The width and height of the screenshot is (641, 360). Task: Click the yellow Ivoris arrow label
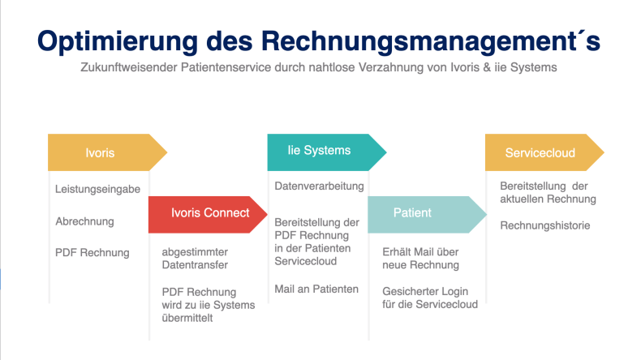pyautogui.click(x=108, y=152)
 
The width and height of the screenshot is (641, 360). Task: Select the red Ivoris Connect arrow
pyautogui.click(x=208, y=215)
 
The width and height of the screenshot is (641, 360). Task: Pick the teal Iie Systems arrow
pyautogui.click(x=327, y=152)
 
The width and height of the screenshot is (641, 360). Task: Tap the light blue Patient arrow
pyautogui.click(x=427, y=215)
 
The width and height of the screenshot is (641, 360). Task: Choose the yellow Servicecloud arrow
pyautogui.click(x=544, y=152)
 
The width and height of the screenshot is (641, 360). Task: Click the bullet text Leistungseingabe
pyautogui.click(x=97, y=189)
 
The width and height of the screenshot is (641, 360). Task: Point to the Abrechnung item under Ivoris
pyautogui.click(x=84, y=221)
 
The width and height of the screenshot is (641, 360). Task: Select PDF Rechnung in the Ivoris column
pyautogui.click(x=92, y=252)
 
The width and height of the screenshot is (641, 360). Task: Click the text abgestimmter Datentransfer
pyautogui.click(x=195, y=259)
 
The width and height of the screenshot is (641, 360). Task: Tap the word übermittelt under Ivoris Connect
pyautogui.click(x=187, y=318)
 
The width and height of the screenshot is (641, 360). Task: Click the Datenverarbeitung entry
pyautogui.click(x=319, y=186)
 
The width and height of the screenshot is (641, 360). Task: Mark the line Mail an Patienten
pyautogui.click(x=316, y=289)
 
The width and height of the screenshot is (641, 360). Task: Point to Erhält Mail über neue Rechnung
pyautogui.click(x=420, y=259)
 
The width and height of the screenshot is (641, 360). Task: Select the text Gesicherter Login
pyautogui.click(x=425, y=291)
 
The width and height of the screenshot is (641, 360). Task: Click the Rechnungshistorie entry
pyautogui.click(x=545, y=225)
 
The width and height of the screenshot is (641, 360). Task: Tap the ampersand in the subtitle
pyautogui.click(x=487, y=67)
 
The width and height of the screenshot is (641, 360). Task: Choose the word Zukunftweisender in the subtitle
pyautogui.click(x=129, y=67)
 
